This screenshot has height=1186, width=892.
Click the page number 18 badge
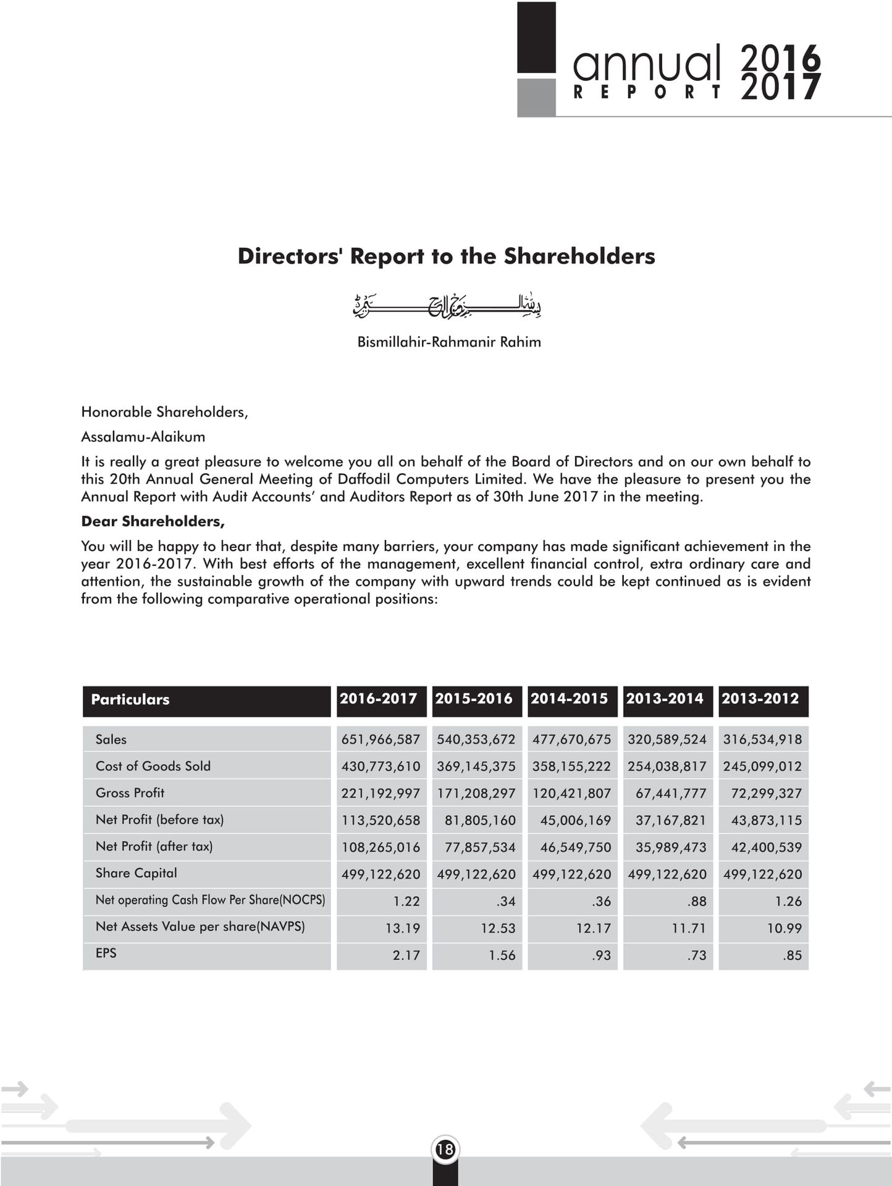pyautogui.click(x=445, y=1149)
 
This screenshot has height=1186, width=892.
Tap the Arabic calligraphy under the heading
pyautogui.click(x=447, y=306)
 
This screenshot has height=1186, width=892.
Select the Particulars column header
pyautogui.click(x=130, y=700)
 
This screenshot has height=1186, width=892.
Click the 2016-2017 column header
pyautogui.click(x=378, y=699)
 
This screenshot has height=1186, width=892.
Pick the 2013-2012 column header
pyautogui.click(x=760, y=699)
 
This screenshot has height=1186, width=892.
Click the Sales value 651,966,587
pyautogui.click(x=381, y=739)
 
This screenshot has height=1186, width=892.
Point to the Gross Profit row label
pyautogui.click(x=130, y=793)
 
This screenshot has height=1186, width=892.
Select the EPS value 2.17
pyautogui.click(x=406, y=956)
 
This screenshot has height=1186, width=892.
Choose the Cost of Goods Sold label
pyautogui.click(x=153, y=767)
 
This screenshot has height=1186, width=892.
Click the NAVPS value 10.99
pyautogui.click(x=784, y=928)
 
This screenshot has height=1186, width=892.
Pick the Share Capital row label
pyautogui.click(x=136, y=873)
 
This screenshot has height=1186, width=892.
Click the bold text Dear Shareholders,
pyautogui.click(x=153, y=521)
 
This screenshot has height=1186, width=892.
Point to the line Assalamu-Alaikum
pyautogui.click(x=143, y=437)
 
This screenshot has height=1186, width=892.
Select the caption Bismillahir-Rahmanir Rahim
pyautogui.click(x=449, y=342)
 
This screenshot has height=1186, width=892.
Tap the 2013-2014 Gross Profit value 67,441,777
pyautogui.click(x=670, y=794)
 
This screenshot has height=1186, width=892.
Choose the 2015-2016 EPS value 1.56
pyautogui.click(x=502, y=956)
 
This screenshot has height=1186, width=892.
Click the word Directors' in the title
pyautogui.click(x=290, y=256)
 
